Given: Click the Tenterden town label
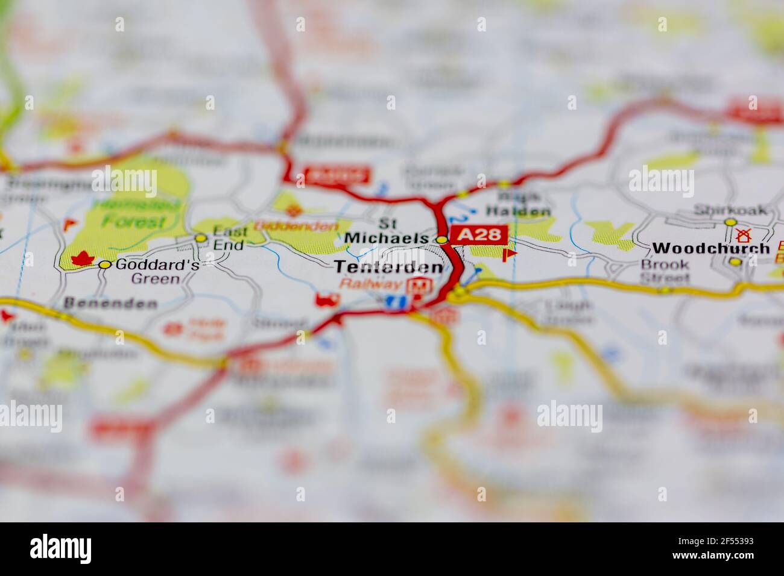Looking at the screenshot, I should coord(388,268).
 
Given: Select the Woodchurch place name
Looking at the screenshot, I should coord(710,248).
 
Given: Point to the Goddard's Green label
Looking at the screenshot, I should coord(148,271).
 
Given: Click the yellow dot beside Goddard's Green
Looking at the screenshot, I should coord(105,265).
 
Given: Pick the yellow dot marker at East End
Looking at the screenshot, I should coord(201,239).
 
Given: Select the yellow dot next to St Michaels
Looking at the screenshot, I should coord(442,240).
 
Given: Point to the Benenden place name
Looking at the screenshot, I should coord(110,302).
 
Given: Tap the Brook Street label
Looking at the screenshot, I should coord(665,271).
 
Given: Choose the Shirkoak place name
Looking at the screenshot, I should coord(730,210).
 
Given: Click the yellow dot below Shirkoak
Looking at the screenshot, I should coord(730,222).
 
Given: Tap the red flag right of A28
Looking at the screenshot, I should coord(509,254).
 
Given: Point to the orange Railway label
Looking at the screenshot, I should coord(370,284).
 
